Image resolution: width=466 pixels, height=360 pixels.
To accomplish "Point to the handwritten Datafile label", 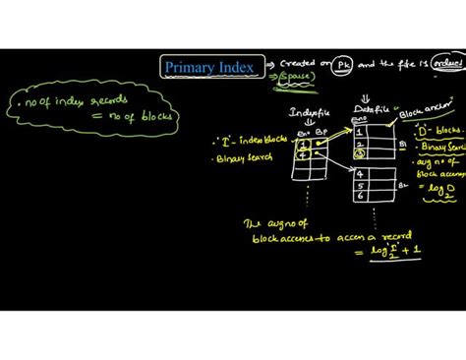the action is coord(365,112).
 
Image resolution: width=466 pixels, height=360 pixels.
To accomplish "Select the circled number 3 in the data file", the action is coord(361,152).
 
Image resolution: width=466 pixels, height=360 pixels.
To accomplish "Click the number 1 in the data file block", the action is coord(361,130).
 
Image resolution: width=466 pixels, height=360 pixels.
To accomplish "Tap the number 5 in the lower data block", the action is coord(361,184).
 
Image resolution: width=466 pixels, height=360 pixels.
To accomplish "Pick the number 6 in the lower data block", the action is coord(361,195).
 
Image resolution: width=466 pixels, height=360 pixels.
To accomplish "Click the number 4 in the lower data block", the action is coord(361,173).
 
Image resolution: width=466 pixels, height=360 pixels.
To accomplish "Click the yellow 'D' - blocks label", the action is coord(437,129).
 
